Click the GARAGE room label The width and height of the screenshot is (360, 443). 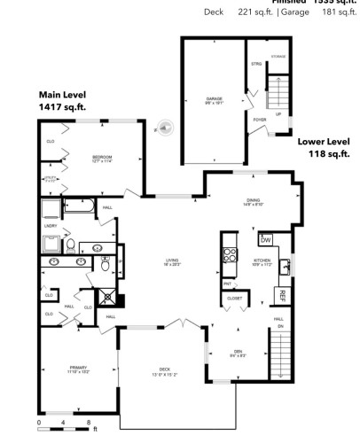pos(213,98)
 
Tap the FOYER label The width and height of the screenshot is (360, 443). pos(260,119)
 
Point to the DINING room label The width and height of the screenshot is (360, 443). pos(253,201)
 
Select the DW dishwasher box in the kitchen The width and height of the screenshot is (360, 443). pos(265,240)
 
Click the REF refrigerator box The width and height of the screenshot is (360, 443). pos(283,295)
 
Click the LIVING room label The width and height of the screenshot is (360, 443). pos(172,261)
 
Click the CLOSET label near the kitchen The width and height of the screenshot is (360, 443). pos(234,299)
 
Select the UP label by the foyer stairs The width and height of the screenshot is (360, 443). pos(279,113)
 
